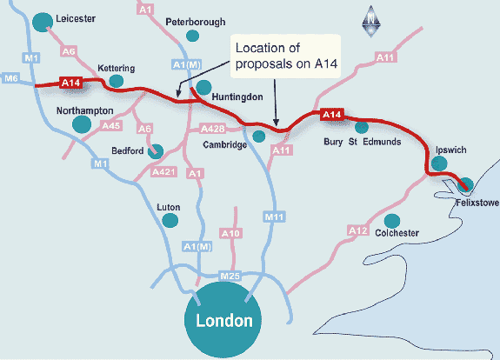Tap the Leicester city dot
click(x=41, y=22)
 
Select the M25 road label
click(x=230, y=276)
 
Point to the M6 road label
click(x=10, y=79)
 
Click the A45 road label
click(x=110, y=126)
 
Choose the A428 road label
click(x=213, y=129)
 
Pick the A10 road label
click(x=230, y=234)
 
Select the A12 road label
click(x=357, y=230)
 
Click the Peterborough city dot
click(x=194, y=36)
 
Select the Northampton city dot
click(x=82, y=124)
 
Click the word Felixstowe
click(x=477, y=201)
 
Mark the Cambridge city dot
click(x=258, y=136)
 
